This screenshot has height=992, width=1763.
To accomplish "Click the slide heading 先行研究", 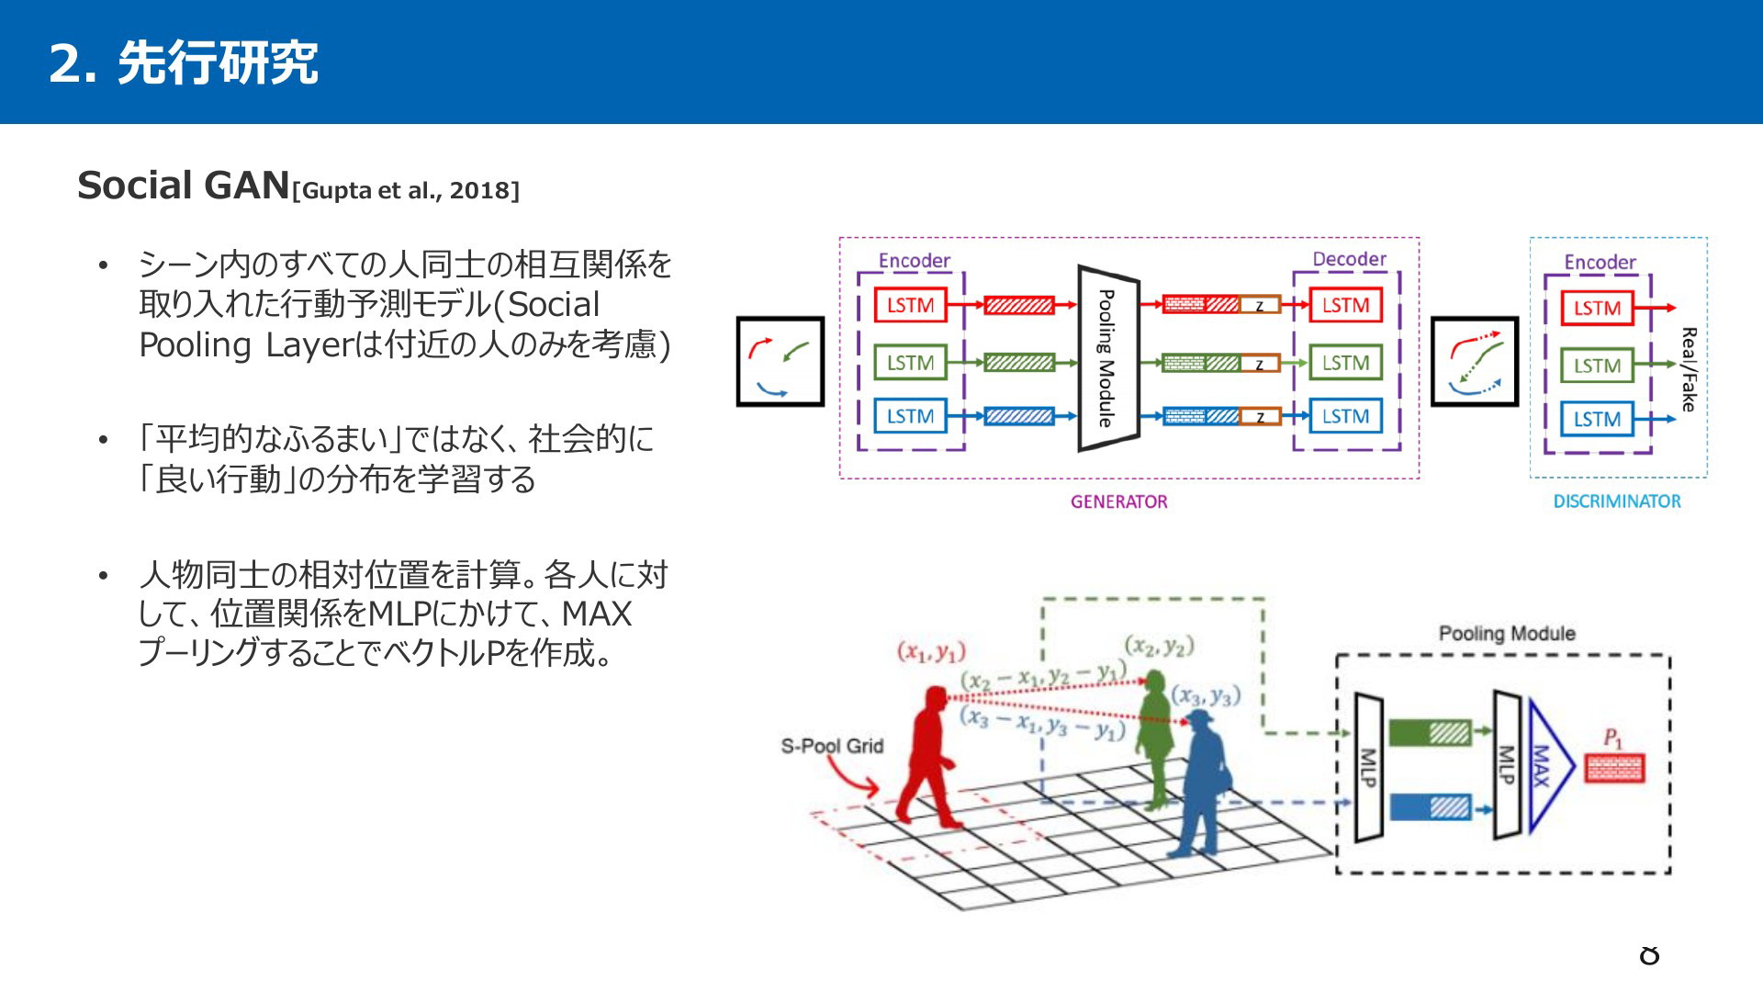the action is click(x=218, y=63).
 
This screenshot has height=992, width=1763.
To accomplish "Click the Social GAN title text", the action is click(x=184, y=186).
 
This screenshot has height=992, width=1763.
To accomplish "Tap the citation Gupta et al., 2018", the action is click(x=405, y=190).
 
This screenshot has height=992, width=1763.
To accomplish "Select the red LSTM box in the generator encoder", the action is click(x=910, y=305).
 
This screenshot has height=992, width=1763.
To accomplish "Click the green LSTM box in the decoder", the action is click(x=1345, y=363).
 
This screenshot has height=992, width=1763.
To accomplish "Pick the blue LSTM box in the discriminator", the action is click(x=1597, y=419).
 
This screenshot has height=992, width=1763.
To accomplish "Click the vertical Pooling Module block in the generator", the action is click(x=1108, y=358).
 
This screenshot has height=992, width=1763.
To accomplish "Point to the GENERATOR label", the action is click(x=1118, y=502).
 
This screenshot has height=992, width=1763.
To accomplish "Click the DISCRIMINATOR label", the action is click(x=1617, y=502).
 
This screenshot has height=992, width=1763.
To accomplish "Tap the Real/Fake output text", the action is click(x=1689, y=369).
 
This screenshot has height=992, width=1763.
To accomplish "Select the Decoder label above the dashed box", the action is click(x=1349, y=259).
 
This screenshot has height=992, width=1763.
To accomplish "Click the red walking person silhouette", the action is click(x=928, y=757).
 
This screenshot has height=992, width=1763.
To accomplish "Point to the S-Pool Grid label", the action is click(x=832, y=746).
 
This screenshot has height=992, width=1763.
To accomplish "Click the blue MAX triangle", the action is click(x=1551, y=766).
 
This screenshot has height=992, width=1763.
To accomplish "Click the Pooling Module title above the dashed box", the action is click(x=1507, y=633).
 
